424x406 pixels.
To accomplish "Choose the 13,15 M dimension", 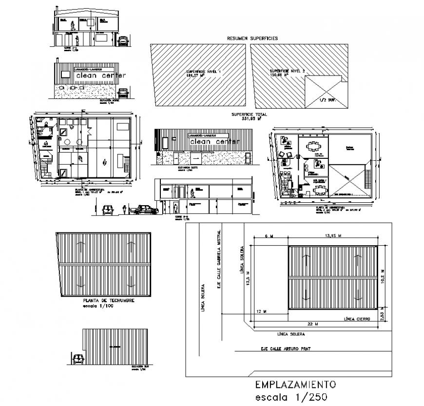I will click(x=332, y=235).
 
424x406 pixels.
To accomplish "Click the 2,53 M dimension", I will click(x=385, y=315).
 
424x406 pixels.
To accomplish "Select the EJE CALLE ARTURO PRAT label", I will click(x=284, y=349).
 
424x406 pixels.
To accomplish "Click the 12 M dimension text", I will click(x=263, y=311).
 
